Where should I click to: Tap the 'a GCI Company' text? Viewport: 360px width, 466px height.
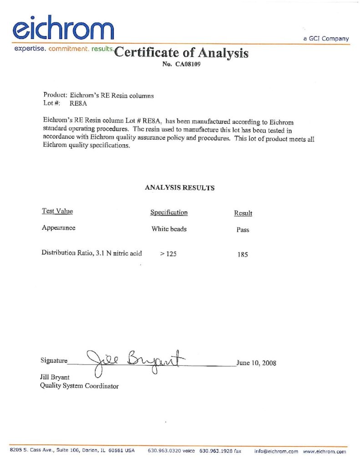[326, 39]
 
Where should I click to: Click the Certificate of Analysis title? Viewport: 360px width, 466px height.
[182, 53]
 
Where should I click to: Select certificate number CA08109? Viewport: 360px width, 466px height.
[182, 65]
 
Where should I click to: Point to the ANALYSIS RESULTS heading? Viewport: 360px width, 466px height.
[180, 187]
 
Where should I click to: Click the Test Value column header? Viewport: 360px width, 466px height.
[57, 211]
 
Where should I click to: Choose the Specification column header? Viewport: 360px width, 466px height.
[169, 213]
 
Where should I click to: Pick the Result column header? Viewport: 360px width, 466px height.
[243, 213]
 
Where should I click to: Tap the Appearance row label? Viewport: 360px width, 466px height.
[59, 228]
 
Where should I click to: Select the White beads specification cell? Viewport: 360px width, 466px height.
[169, 229]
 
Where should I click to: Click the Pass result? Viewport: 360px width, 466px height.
[243, 230]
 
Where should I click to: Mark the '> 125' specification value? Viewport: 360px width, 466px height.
[168, 254]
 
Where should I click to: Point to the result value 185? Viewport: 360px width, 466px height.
[243, 255]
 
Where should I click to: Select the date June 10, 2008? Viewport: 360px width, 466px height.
[256, 363]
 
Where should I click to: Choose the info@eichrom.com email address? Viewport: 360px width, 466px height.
[276, 451]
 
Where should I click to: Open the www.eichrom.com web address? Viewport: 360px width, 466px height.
[325, 451]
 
